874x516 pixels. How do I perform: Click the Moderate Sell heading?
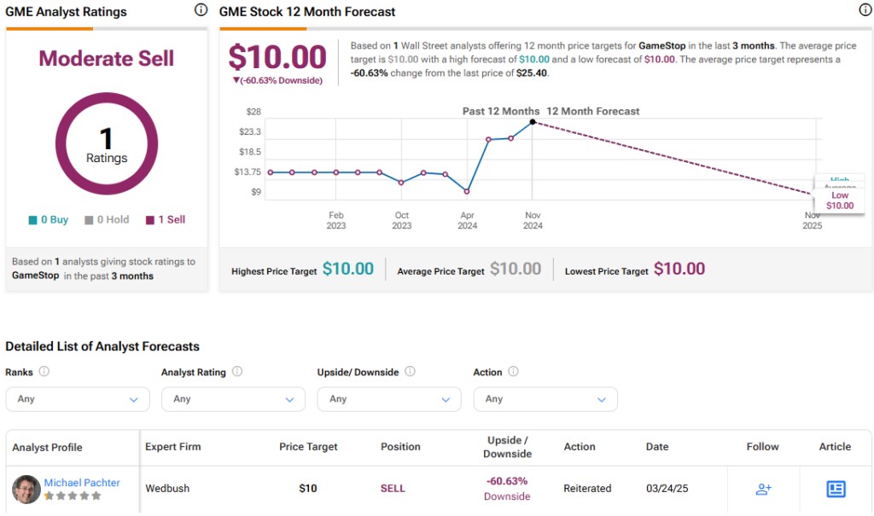coord(107,59)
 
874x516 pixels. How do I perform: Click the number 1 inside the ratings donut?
coord(107,137)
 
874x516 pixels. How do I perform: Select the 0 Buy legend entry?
coord(49,220)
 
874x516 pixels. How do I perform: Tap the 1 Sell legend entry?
coord(166,220)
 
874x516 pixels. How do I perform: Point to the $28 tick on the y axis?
coord(253,112)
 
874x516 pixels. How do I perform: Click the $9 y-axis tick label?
coord(256,192)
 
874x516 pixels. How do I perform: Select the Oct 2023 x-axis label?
coord(402,220)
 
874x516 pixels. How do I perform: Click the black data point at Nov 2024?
coord(533,122)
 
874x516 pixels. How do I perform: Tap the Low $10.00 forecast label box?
coord(839,200)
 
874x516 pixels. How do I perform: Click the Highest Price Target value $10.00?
coord(347,270)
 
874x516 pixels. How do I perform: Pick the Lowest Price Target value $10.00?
coord(679,270)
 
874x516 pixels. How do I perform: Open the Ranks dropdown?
coord(78,399)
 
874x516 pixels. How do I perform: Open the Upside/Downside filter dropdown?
coord(388,399)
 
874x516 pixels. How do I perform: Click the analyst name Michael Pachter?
coord(82,483)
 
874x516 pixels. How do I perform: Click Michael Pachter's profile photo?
coord(26,489)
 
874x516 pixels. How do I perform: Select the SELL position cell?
coord(393,489)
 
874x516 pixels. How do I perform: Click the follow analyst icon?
coord(763,489)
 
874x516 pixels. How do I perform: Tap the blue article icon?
coord(836,489)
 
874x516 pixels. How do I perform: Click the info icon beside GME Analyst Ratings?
coord(201,10)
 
